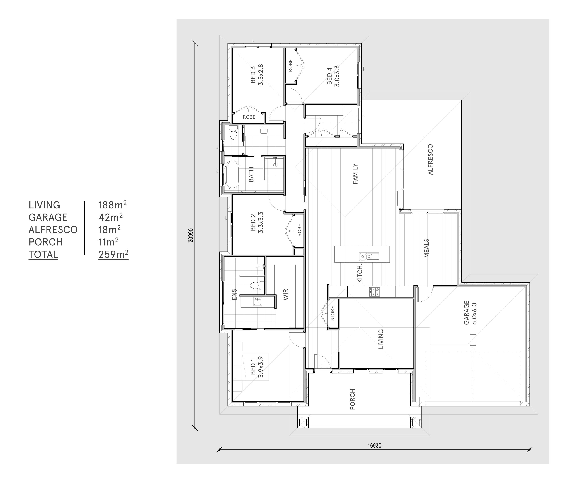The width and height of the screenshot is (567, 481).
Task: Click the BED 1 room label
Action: click(x=256, y=367)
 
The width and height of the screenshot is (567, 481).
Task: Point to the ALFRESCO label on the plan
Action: click(x=430, y=160)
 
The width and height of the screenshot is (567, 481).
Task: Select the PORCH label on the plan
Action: click(x=352, y=399)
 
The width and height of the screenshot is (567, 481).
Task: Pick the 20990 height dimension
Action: click(x=191, y=235)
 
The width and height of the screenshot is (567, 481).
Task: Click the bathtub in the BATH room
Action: click(x=232, y=175)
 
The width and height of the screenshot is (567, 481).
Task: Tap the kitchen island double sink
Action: click(x=369, y=256)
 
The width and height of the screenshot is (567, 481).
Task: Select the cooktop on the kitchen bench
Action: click(x=374, y=292)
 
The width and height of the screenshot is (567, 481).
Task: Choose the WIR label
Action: click(x=286, y=294)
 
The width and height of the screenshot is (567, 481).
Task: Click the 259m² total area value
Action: click(x=113, y=254)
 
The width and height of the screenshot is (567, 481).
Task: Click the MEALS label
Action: click(x=427, y=248)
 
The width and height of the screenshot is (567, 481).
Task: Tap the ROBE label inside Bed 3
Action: click(x=249, y=117)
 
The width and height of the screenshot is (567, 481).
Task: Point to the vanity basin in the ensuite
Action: click(x=258, y=302)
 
